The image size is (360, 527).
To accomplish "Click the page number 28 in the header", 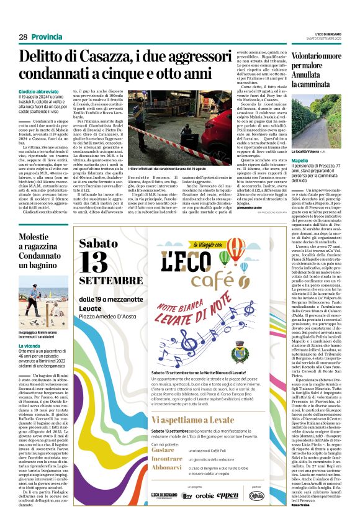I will pos(23,37).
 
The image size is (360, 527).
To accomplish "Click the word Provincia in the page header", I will pos(47,37).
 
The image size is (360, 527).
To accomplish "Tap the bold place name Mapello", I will pos(284,160).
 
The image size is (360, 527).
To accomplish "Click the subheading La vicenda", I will pos(30,345).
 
